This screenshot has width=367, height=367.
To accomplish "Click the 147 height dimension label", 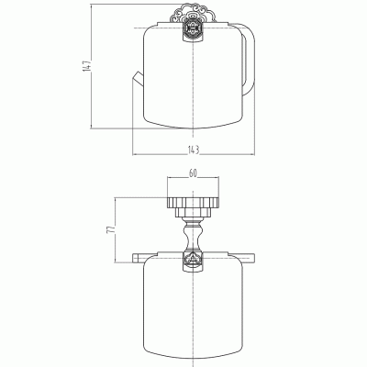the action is [x=87, y=66].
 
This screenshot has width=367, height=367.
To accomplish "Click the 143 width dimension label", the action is [x=194, y=150].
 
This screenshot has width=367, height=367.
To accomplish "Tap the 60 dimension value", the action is [x=193, y=173].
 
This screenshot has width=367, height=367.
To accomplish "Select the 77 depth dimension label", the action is [x=111, y=229].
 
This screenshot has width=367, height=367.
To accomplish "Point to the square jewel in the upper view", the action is [x=193, y=30].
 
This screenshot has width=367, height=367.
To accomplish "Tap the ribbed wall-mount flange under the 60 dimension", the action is [x=193, y=203].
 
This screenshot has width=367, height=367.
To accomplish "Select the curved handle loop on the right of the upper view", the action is [x=250, y=58].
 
